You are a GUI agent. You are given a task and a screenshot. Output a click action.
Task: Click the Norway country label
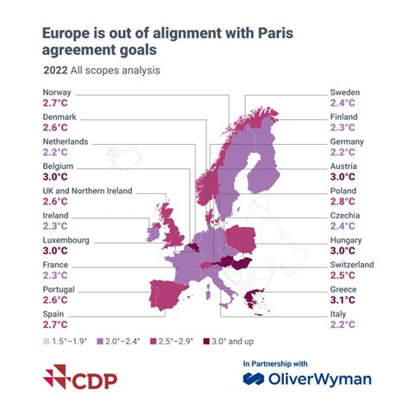[x=57, y=91]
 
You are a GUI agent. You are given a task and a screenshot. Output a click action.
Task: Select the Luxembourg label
[x=67, y=239]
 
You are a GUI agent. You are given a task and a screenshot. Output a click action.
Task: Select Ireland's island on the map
[x=154, y=231]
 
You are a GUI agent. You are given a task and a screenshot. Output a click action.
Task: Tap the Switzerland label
[x=352, y=264]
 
